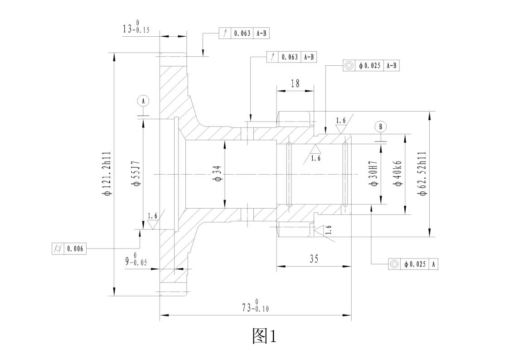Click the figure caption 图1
click(264, 336)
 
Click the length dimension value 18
click(296, 83)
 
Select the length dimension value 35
click(314, 259)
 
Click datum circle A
click(143, 101)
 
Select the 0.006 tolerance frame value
click(76, 249)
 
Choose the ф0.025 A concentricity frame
click(413, 264)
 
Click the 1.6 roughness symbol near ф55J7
click(153, 219)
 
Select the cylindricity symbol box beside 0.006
click(58, 249)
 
